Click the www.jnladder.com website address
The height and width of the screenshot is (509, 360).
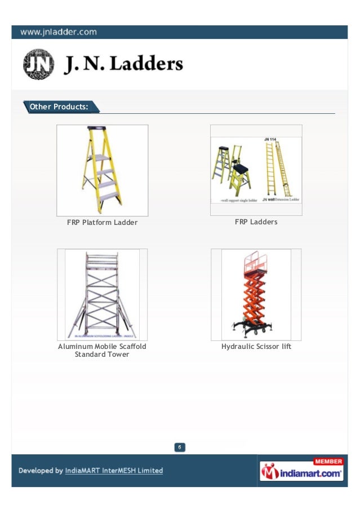(x=59, y=32)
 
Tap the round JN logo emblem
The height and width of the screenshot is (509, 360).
(x=39, y=64)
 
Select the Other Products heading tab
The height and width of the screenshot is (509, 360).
(x=59, y=107)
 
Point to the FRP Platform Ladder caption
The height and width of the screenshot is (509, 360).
(x=102, y=223)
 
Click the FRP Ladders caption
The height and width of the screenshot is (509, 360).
(x=256, y=222)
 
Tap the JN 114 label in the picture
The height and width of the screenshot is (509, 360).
(x=273, y=139)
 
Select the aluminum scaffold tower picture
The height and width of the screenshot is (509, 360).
(x=102, y=294)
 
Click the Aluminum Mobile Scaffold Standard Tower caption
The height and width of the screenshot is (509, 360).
(x=102, y=350)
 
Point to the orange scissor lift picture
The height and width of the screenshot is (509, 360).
(x=255, y=294)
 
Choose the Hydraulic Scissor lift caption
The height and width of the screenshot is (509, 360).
(x=256, y=346)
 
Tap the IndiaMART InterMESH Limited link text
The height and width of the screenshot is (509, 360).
(x=114, y=471)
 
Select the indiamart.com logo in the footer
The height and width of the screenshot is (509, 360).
(x=301, y=473)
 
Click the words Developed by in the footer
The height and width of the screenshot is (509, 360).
(x=41, y=471)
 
